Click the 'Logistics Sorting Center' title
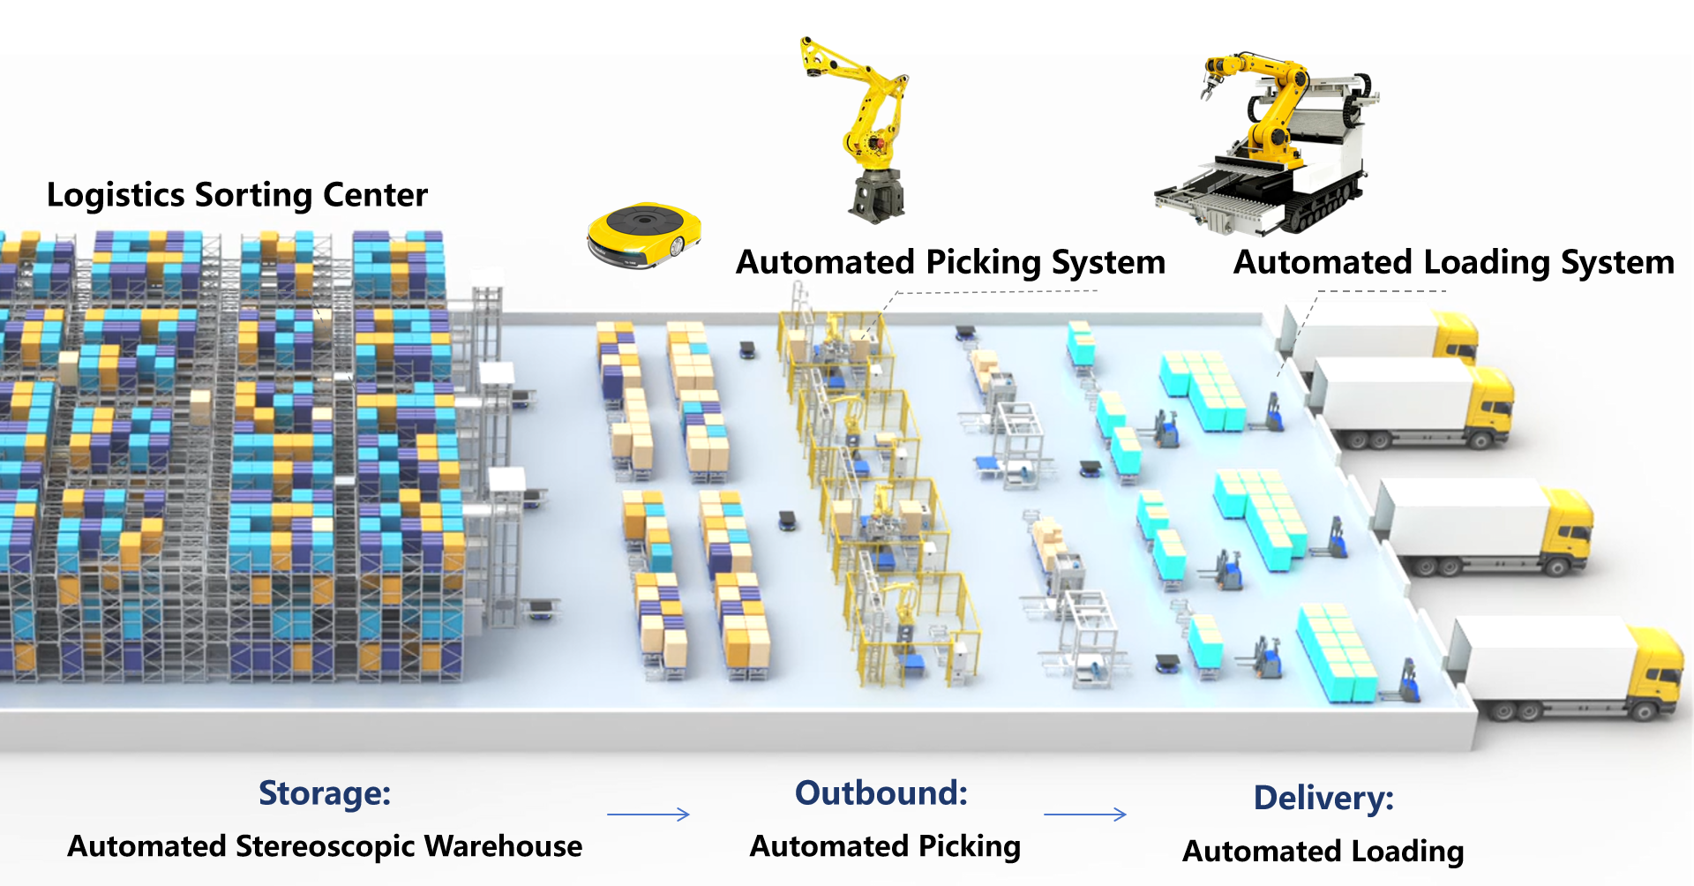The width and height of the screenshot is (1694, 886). (236, 195)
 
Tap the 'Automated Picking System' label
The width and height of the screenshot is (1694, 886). (950, 263)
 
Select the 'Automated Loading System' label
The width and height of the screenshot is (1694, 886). (1453, 263)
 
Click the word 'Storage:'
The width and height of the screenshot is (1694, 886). (325, 793)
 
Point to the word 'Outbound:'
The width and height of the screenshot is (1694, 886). (881, 793)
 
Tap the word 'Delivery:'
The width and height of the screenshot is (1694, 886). (1323, 798)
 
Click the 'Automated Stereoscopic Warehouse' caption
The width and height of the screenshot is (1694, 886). (325, 846)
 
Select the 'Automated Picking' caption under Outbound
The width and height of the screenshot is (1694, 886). (885, 846)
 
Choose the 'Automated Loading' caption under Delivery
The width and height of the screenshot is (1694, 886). (1323, 852)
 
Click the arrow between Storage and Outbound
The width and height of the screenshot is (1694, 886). (648, 815)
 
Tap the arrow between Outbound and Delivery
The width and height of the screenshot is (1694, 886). (1085, 815)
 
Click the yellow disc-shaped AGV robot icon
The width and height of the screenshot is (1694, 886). (644, 235)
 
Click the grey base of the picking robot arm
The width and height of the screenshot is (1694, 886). (876, 196)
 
